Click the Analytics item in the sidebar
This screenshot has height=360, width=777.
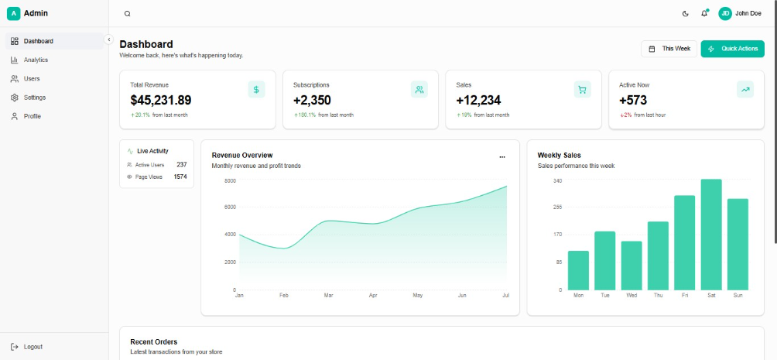(x=36, y=60)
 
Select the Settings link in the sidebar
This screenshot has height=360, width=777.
(x=34, y=98)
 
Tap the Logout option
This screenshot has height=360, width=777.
(x=33, y=347)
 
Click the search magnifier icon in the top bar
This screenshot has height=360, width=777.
(x=128, y=13)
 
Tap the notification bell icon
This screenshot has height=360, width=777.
(x=704, y=13)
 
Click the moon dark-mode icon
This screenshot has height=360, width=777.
(x=686, y=13)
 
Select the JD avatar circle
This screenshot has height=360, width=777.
(x=725, y=13)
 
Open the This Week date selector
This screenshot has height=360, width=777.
(x=669, y=49)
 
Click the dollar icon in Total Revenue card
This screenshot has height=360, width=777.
(x=256, y=90)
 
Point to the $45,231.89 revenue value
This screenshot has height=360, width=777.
(x=160, y=100)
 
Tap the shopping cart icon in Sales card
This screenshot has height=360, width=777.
(x=582, y=90)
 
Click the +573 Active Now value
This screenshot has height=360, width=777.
(x=633, y=100)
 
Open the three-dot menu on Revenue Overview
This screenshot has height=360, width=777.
(x=502, y=156)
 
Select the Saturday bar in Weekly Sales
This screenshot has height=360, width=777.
(x=711, y=235)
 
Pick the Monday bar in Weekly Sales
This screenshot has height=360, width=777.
(x=578, y=270)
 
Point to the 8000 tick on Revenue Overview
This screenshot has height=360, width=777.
(x=230, y=180)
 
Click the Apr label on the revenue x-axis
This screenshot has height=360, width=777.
(x=373, y=296)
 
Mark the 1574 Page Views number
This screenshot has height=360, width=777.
(x=180, y=177)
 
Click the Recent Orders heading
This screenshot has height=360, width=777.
(x=153, y=341)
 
